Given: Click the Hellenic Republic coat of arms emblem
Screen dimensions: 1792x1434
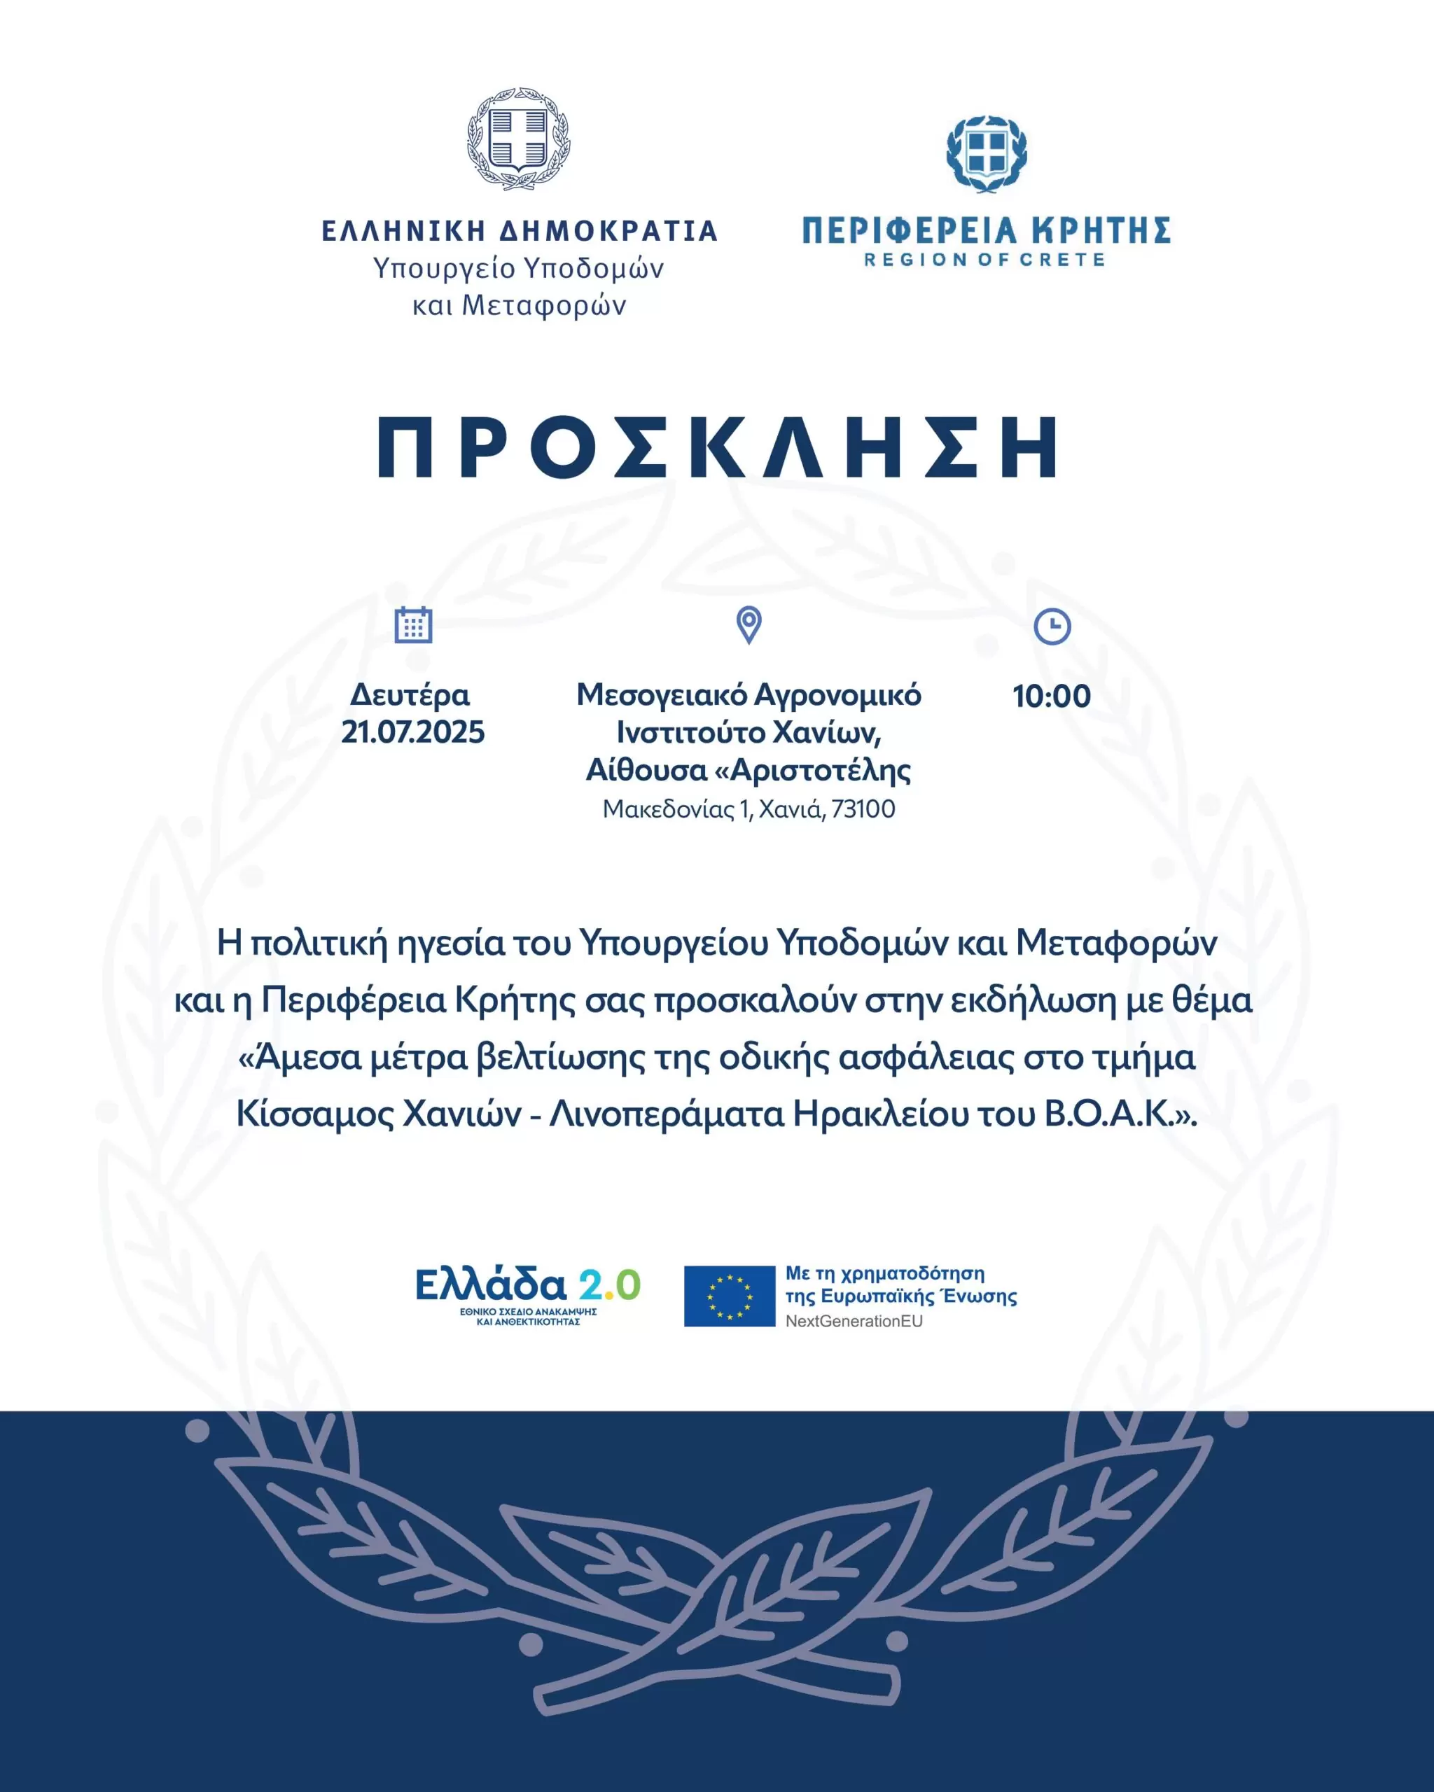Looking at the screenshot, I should coord(519,139).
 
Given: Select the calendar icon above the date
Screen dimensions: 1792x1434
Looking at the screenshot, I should coord(413,625).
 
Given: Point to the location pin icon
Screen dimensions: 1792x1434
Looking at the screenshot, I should coord(749,625).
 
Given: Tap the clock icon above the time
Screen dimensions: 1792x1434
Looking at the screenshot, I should coord(1052,626).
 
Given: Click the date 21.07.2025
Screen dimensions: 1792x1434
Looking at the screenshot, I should coord(412,732).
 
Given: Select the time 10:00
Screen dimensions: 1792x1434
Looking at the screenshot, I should coord(1052,696).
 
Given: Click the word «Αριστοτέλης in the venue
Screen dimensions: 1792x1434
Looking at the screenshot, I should coord(813,771).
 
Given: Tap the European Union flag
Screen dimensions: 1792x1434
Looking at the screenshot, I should coord(729,1296).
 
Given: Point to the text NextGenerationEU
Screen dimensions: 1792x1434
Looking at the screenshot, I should coord(854,1322).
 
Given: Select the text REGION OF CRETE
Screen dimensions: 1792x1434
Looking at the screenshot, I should coord(985,260).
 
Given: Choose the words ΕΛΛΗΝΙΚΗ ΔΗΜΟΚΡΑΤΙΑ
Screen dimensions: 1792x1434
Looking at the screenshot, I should coord(520,231).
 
